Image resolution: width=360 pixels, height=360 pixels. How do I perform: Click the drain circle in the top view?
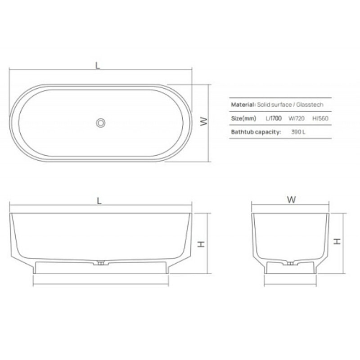click(x=100, y=123)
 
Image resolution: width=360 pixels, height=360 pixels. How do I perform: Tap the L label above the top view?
click(x=98, y=66)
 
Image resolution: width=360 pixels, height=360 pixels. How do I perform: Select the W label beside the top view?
click(x=204, y=121)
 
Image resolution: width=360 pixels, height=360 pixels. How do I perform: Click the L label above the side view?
click(x=99, y=201)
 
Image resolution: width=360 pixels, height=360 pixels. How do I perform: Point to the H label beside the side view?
click(x=201, y=244)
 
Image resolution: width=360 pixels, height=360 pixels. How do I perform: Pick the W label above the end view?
click(x=291, y=199)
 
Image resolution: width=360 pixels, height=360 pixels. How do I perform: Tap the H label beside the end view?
click(x=337, y=241)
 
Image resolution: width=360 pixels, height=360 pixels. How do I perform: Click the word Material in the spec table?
click(x=243, y=105)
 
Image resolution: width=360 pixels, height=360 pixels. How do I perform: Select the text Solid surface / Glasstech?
click(x=290, y=105)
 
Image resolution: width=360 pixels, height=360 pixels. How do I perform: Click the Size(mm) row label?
click(x=243, y=118)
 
